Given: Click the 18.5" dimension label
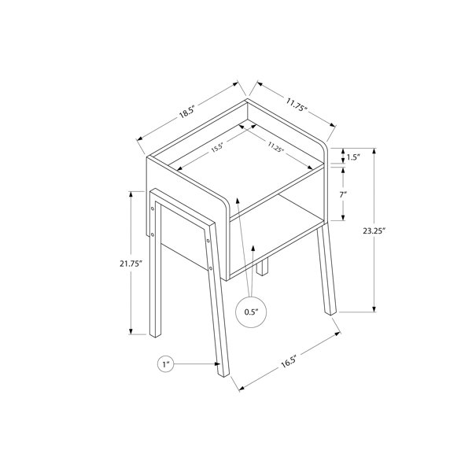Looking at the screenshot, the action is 187,112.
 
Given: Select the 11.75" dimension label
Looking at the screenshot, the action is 297,105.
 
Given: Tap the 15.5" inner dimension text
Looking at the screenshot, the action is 216,148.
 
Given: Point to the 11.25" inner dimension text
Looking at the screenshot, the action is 276,147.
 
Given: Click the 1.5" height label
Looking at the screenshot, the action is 353,157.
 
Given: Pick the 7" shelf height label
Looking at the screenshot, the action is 343,195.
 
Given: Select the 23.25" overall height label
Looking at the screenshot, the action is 374,230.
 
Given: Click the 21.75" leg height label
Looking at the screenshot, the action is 131,264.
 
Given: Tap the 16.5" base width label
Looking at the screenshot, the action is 289,361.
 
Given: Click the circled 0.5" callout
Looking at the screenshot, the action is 251,312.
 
